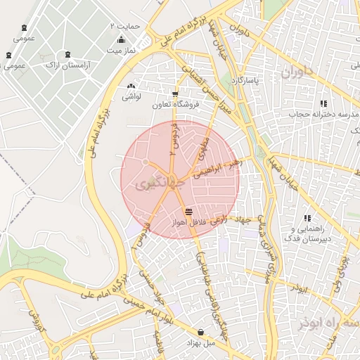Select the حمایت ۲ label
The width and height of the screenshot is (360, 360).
click(126, 25)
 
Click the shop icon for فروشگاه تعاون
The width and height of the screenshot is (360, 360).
click(175, 94)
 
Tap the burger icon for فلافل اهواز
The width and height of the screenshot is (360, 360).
click(188, 211)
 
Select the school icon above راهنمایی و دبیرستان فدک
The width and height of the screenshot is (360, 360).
click(307, 219)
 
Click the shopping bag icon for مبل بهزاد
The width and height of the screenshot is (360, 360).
click(201, 332)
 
